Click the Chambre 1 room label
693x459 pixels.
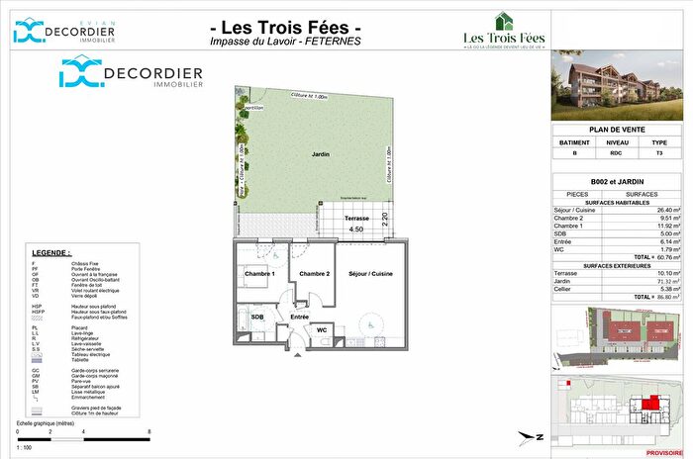coord(260,273)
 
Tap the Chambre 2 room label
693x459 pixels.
coord(314,273)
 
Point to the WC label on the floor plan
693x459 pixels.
coord(323,329)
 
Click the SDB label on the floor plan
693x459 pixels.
coord(256,317)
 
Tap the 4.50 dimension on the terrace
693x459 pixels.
coord(357,229)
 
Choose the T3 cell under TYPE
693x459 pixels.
coord(659,153)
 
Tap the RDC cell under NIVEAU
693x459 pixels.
coord(617,153)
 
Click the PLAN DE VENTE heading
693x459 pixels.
coord(617,130)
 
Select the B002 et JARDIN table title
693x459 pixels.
coord(617,182)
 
